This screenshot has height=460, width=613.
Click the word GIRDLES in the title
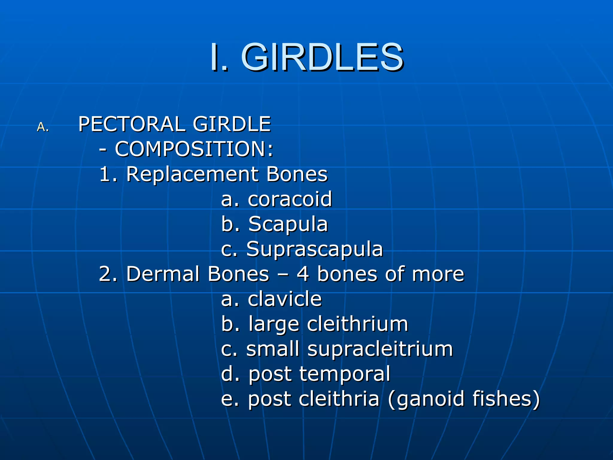tap(322, 57)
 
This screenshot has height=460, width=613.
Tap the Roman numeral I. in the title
tap(219, 57)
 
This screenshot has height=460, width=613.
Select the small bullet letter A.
tap(43, 127)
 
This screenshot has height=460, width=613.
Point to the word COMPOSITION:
tap(194, 149)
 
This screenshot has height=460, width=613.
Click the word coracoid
tap(290, 199)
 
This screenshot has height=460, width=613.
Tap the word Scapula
tap(288, 224)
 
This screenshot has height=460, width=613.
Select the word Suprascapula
tap(314, 249)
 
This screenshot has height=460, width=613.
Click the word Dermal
tap(163, 274)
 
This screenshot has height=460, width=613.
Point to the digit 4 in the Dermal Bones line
tap(303, 274)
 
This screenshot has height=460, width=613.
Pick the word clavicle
tap(285, 299)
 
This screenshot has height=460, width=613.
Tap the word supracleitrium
tap(380, 349)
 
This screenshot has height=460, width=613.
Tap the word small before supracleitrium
tap(273, 349)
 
